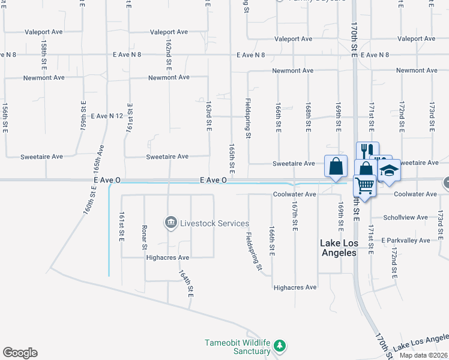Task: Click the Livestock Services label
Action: click(214, 224)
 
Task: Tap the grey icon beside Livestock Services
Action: click(170, 223)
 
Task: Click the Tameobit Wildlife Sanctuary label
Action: click(238, 347)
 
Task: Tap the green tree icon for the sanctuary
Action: click(279, 346)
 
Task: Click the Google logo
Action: click(20, 353)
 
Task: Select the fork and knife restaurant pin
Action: click(367, 151)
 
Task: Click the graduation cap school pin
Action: click(389, 170)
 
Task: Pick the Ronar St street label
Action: click(145, 238)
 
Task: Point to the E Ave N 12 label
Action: click(107, 115)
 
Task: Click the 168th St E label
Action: click(308, 118)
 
